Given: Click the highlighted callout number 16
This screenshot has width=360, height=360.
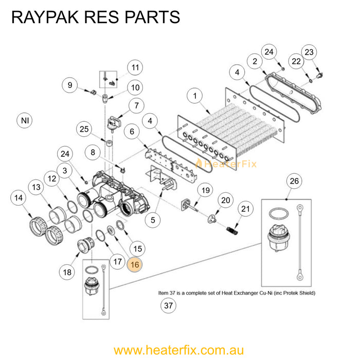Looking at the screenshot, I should (135, 264).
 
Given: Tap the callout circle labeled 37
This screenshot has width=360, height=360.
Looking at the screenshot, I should (168, 305).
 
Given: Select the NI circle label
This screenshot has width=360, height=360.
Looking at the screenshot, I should (25, 121).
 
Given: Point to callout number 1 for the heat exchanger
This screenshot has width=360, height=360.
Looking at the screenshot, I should (195, 96).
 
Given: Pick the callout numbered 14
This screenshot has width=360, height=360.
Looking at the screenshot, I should (19, 197).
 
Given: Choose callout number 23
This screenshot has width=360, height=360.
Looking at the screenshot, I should (309, 52).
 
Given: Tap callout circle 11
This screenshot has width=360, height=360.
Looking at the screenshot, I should (135, 67).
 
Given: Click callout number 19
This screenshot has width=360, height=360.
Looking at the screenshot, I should (205, 191).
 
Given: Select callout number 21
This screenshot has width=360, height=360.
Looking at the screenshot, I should (245, 208).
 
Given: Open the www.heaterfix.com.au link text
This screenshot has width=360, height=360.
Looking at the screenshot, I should (178, 350).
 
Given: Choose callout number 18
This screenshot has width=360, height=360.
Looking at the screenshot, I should (66, 272).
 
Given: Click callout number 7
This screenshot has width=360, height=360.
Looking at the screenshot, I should (136, 106).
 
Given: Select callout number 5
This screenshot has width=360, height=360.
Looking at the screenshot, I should (152, 220).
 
